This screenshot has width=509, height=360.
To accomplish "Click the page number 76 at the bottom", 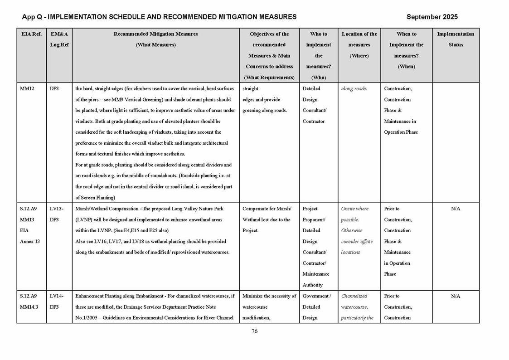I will pos(254,331).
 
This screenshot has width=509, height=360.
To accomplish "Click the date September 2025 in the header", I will pos(431,17).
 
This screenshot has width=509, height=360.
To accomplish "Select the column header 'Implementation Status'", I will pos(455,39).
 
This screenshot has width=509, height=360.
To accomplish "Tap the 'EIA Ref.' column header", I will pos(31,34).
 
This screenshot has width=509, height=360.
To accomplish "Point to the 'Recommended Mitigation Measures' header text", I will pos(155,34).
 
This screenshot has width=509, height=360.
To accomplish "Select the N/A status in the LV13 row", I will pos(455,209).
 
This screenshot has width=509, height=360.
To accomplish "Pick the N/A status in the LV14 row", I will pos(455,296).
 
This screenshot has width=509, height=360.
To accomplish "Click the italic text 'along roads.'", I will pos(354,89).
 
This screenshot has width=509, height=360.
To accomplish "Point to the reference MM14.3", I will pos(29,307).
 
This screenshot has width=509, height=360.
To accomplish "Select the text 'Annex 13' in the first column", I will pos(29,242).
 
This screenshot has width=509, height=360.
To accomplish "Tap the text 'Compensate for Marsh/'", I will pos(267,209).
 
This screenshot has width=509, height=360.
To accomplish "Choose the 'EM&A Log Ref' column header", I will pos(59,39).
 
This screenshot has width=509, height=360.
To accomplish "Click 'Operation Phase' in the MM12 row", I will pos(401,132).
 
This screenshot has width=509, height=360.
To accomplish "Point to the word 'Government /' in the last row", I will pos(316,296).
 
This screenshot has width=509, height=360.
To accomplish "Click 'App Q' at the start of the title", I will pos(31,17).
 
